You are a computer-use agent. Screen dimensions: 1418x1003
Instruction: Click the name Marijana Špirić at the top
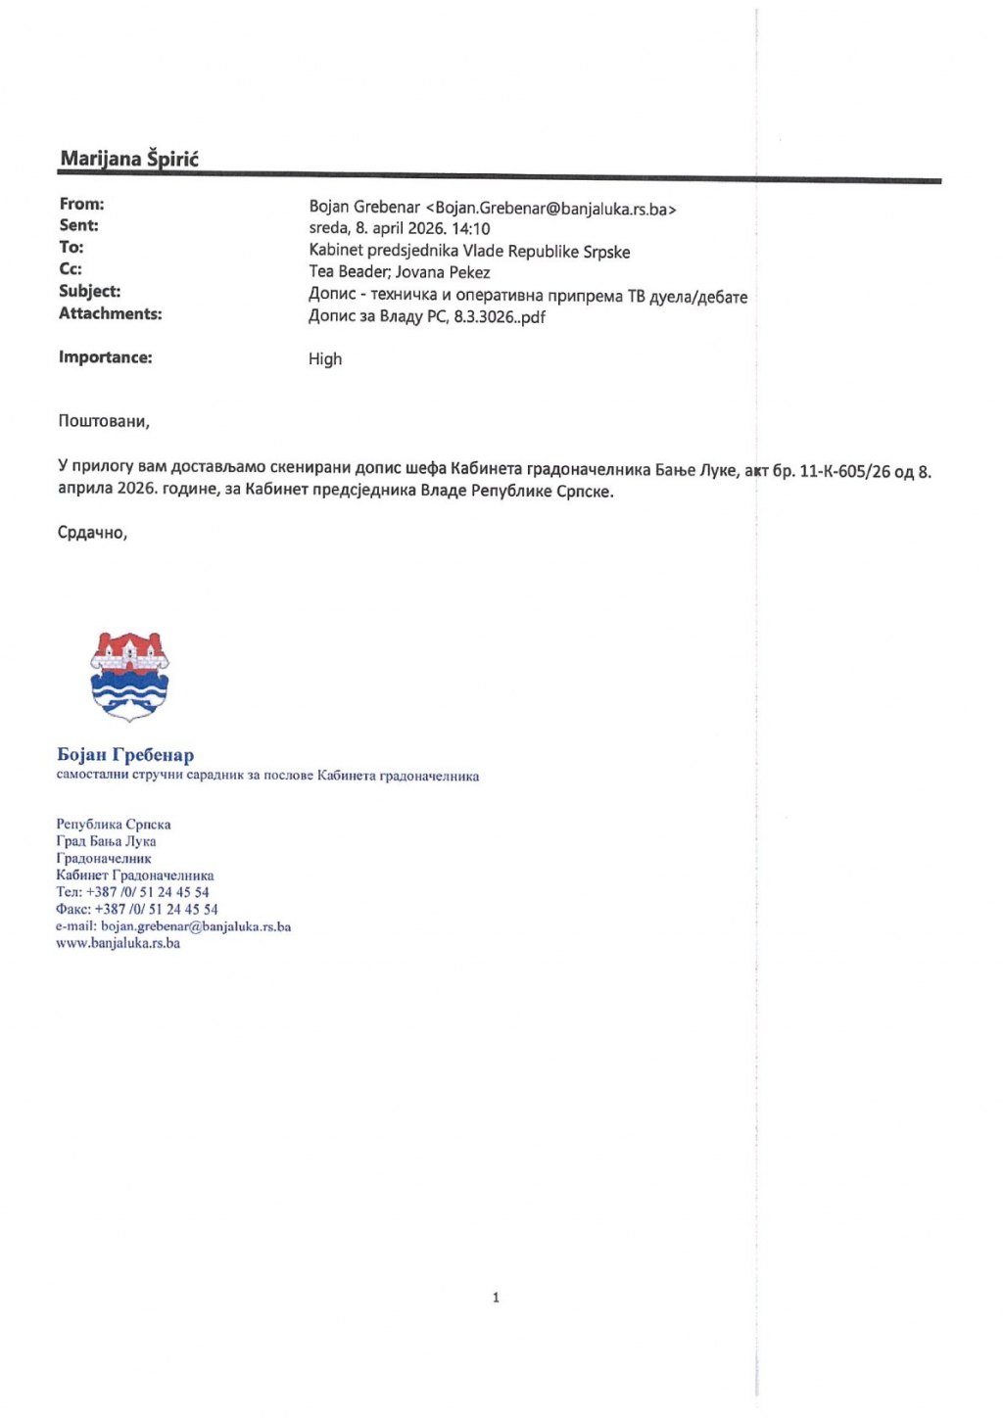(x=129, y=159)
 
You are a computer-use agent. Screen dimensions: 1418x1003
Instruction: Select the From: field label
(x=81, y=204)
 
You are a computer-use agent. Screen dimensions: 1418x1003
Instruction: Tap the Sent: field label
(x=78, y=225)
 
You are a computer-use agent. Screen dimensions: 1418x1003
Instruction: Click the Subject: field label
(x=89, y=291)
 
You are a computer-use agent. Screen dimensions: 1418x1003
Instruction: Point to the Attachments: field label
(x=110, y=313)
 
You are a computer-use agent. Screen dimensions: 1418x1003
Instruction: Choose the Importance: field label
(x=105, y=357)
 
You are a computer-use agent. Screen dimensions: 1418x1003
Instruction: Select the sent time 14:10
(x=470, y=229)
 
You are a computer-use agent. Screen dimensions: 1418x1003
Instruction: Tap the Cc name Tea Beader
(x=348, y=272)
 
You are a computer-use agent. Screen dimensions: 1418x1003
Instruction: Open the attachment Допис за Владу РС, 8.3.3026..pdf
(x=427, y=316)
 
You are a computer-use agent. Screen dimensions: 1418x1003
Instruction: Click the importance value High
(x=325, y=358)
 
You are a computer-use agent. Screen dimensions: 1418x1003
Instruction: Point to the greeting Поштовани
(x=104, y=421)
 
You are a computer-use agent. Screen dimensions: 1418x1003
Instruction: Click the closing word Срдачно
(x=92, y=533)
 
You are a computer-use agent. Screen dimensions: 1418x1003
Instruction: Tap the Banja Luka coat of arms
(x=129, y=676)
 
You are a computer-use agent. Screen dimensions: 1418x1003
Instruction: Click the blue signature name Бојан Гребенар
(x=125, y=755)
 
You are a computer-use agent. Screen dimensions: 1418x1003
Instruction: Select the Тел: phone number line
(x=132, y=892)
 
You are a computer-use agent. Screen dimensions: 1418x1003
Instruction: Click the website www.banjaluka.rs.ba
(x=118, y=943)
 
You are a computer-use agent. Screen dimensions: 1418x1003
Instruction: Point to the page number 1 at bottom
(x=496, y=1298)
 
